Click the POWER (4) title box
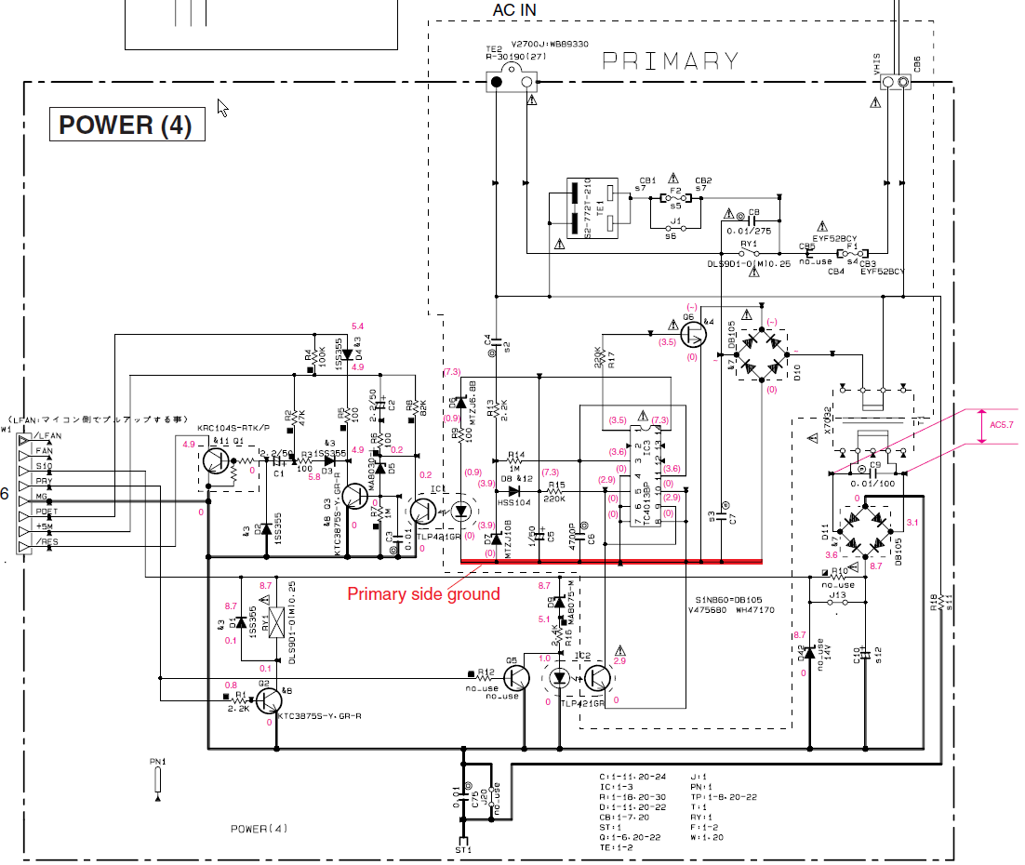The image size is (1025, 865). click(126, 126)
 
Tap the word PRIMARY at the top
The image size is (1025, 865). click(671, 61)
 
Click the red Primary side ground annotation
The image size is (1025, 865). click(423, 594)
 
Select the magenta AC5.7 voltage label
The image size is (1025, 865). click(1002, 425)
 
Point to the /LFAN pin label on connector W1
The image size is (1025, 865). click(47, 436)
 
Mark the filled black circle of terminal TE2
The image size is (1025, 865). click(497, 83)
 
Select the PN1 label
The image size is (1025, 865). click(157, 762)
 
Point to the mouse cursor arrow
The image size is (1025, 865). click(222, 107)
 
